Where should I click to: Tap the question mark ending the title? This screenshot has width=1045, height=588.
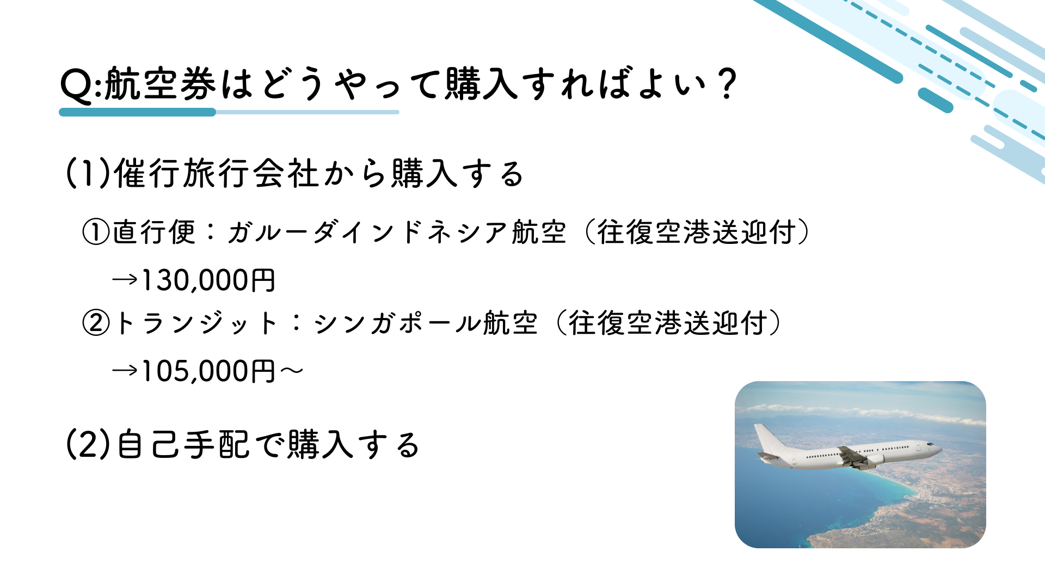(727, 84)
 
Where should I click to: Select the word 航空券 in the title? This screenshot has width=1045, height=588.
(160, 84)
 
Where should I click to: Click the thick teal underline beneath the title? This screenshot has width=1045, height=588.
(137, 112)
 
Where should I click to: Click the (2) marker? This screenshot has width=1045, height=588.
(88, 444)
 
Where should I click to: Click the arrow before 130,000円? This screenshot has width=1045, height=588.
(125, 280)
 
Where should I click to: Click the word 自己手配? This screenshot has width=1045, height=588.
(183, 444)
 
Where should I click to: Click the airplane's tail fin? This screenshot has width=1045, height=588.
(769, 438)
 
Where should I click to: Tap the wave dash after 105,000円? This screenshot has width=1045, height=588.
(291, 371)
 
